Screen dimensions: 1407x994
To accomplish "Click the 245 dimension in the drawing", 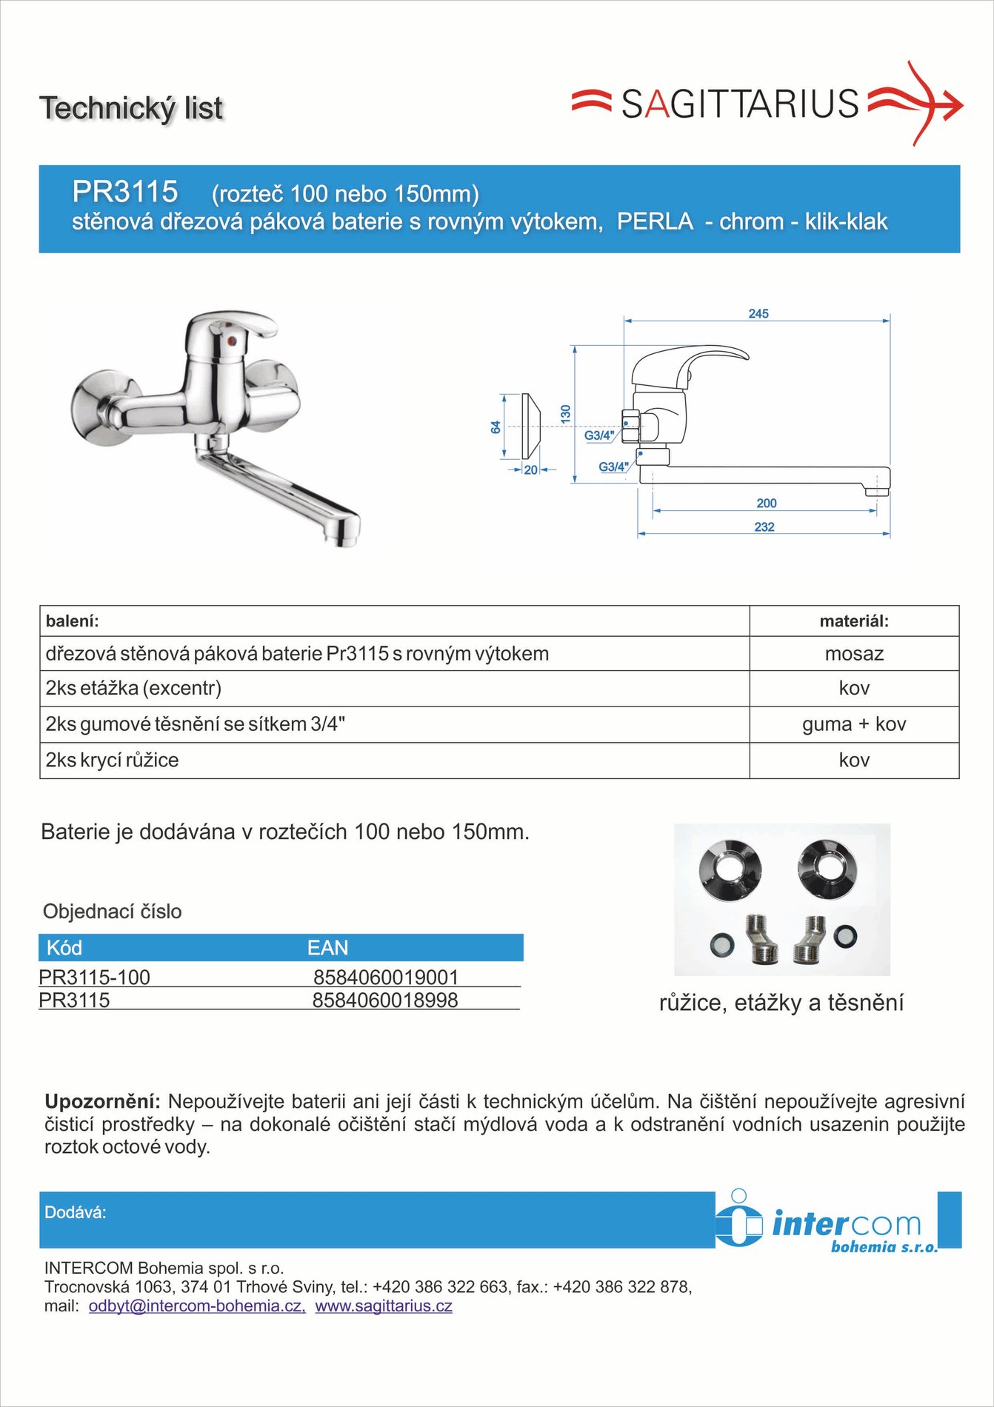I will [x=758, y=314].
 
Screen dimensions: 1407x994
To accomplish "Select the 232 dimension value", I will [x=764, y=527].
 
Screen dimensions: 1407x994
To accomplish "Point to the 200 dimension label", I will [x=767, y=504].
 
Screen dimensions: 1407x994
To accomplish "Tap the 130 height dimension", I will [x=566, y=414].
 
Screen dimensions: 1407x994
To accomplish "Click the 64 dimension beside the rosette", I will [x=496, y=427].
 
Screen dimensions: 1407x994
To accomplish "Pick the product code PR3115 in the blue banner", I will [x=125, y=192].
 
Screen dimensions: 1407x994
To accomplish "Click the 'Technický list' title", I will [x=131, y=108].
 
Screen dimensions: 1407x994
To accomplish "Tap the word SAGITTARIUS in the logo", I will [x=739, y=104].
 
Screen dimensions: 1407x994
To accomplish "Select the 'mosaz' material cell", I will [x=854, y=654].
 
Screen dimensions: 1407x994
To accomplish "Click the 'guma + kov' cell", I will [x=854, y=724].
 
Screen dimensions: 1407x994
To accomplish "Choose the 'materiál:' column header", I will [x=854, y=621].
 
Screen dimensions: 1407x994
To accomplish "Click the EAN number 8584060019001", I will [x=386, y=977].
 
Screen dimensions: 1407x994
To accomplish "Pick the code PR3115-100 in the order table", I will [x=95, y=977].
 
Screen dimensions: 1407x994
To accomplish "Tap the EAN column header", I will [x=327, y=948].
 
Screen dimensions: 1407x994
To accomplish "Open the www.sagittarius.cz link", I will [x=384, y=1306].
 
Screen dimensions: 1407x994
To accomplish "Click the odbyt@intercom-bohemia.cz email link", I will [x=196, y=1306].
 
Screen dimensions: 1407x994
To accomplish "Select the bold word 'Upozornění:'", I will [x=102, y=1102].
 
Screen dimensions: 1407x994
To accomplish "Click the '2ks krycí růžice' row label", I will [x=112, y=761].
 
